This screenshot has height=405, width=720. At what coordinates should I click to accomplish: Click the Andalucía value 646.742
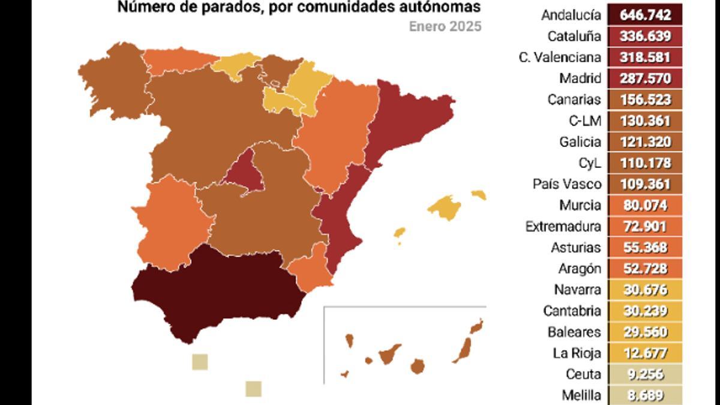pyautogui.click(x=645, y=15)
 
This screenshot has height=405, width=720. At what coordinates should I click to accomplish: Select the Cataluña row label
pyautogui.click(x=574, y=36)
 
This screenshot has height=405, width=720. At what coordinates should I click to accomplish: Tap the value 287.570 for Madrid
pyautogui.click(x=645, y=78)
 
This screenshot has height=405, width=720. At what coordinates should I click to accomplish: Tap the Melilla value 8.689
pyautogui.click(x=645, y=395)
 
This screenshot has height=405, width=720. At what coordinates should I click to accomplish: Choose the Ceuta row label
pyautogui.click(x=583, y=374)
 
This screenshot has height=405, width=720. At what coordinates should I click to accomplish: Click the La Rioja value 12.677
pyautogui.click(x=645, y=353)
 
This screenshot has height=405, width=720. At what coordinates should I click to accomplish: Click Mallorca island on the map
pyautogui.click(x=445, y=208)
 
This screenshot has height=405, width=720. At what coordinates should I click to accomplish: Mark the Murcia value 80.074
pyautogui.click(x=645, y=205)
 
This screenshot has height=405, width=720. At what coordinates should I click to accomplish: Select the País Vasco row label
pyautogui.click(x=566, y=184)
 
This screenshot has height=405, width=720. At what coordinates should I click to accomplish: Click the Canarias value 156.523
pyautogui.click(x=645, y=99)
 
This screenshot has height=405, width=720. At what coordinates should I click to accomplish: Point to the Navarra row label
pyautogui.click(x=577, y=289)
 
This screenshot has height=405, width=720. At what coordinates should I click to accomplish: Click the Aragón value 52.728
pyautogui.click(x=645, y=268)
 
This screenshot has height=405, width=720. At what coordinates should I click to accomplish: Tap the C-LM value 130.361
pyautogui.click(x=645, y=121)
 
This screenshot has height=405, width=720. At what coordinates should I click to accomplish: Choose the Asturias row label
pyautogui.click(x=575, y=247)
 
